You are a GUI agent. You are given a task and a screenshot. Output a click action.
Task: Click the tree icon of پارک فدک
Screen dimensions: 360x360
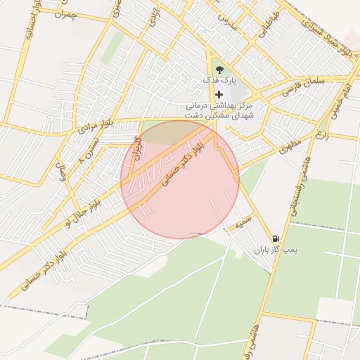point(219,70)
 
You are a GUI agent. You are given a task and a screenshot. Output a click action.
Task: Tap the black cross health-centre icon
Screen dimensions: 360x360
point(219,94)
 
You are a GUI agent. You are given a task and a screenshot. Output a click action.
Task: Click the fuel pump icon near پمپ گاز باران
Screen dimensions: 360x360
point(275,239)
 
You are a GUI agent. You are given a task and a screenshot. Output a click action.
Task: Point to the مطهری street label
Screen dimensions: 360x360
point(288,148)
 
